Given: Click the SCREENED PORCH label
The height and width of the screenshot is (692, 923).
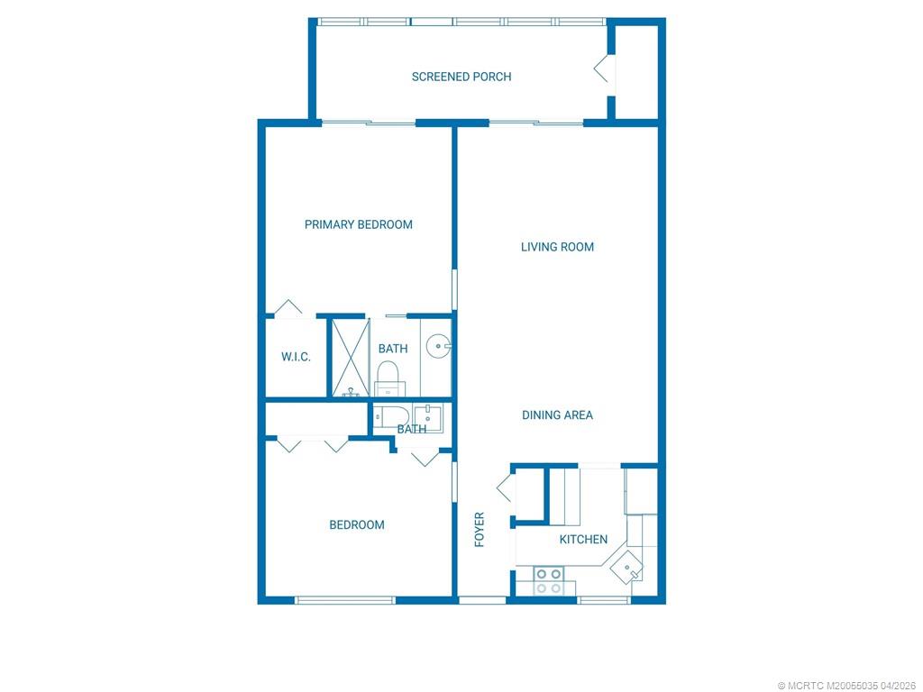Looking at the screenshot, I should (x=461, y=77).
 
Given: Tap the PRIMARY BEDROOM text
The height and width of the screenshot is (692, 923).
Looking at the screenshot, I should (x=358, y=224).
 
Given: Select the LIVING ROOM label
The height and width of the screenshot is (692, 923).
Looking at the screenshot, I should (x=557, y=247).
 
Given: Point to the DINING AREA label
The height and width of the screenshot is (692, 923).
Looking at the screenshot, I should (x=557, y=415).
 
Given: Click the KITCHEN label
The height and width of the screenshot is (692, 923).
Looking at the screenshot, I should (x=583, y=540).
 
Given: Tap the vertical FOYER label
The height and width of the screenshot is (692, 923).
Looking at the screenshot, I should (x=480, y=530).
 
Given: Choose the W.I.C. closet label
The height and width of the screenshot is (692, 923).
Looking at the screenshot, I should (x=296, y=357).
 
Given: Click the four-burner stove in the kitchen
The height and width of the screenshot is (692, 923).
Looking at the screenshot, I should (x=550, y=581).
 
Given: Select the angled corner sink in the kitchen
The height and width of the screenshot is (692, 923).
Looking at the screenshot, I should (x=627, y=568).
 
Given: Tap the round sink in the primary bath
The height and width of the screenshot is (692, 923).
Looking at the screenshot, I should (x=438, y=344).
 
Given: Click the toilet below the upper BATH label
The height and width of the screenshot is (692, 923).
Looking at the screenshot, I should (x=388, y=377).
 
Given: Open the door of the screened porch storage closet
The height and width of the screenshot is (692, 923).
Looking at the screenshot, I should (x=601, y=69).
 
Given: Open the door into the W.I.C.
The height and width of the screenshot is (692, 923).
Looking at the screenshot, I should (x=288, y=308).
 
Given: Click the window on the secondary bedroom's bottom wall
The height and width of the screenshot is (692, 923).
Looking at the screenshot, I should (x=346, y=599).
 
